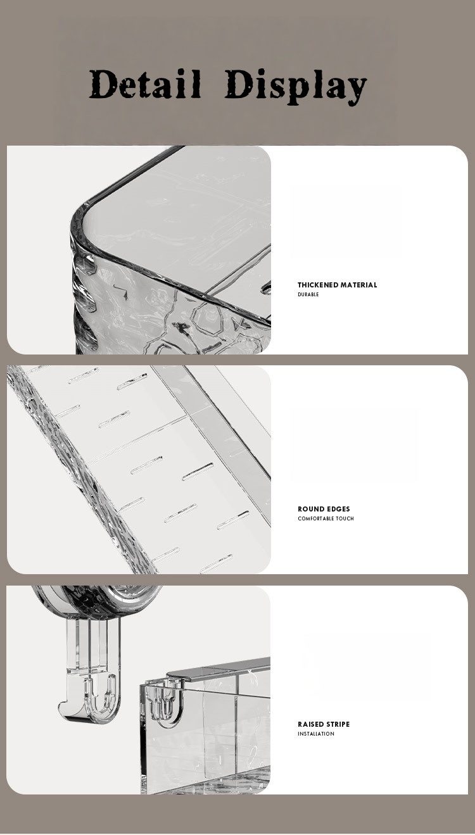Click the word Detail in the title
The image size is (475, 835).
tap(144, 84)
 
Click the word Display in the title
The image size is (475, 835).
tap(296, 87)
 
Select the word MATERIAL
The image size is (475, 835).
tap(358, 285)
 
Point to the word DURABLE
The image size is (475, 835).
tap(308, 294)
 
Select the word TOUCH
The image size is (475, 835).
tap(345, 518)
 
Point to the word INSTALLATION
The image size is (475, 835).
tap(316, 734)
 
